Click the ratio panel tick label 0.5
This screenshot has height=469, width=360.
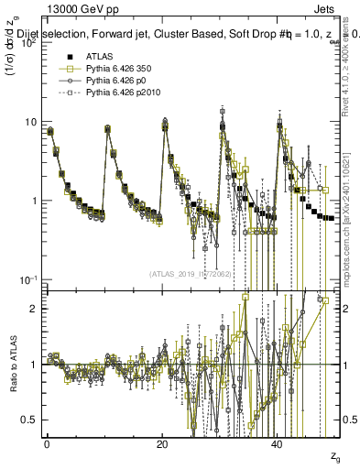click(x=29, y=420)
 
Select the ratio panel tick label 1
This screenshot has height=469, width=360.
click(x=34, y=365)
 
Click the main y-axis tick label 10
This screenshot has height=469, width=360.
click(x=29, y=122)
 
